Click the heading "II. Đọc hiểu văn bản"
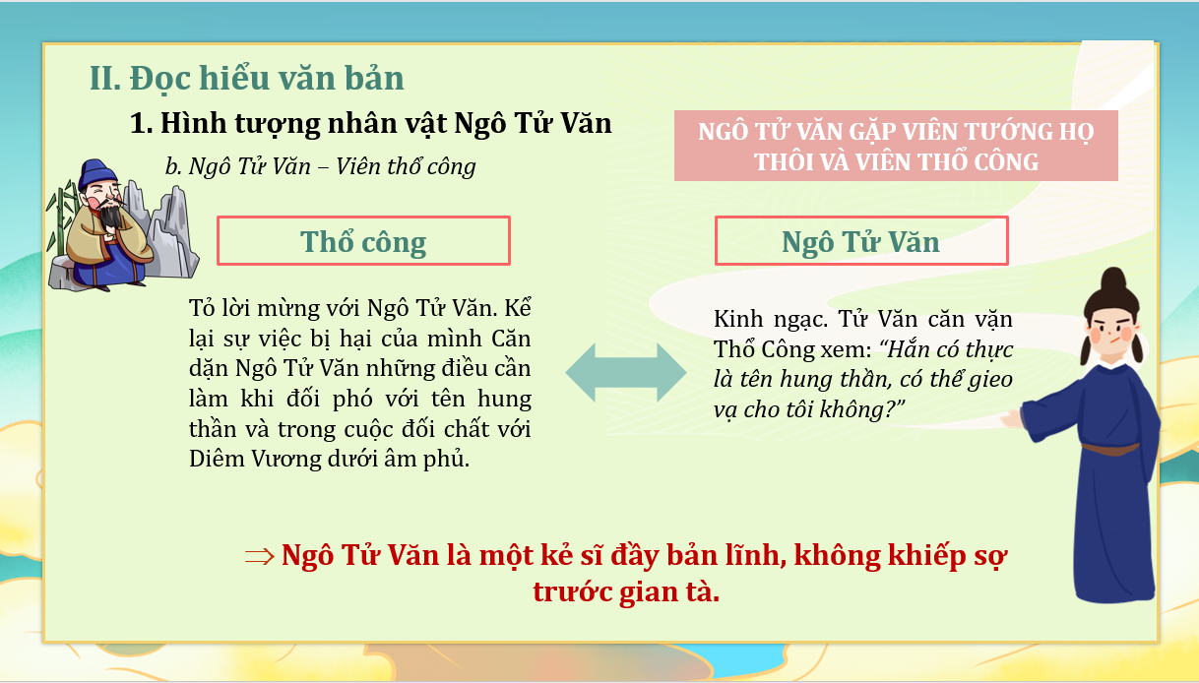pos(246,79)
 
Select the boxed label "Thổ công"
pos(363,241)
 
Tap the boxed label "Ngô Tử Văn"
pos(861,241)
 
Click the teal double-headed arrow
pos(626,373)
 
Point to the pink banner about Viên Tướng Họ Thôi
pos(896,146)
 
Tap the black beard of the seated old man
pos(111,216)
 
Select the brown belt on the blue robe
pos(1110,449)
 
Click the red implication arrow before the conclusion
pos(260,557)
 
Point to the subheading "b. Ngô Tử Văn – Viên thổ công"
pos(320,166)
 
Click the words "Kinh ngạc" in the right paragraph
pos(771,320)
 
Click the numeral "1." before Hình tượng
pos(142,124)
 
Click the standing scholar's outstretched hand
pos(1012,418)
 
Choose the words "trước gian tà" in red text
pos(626,592)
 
